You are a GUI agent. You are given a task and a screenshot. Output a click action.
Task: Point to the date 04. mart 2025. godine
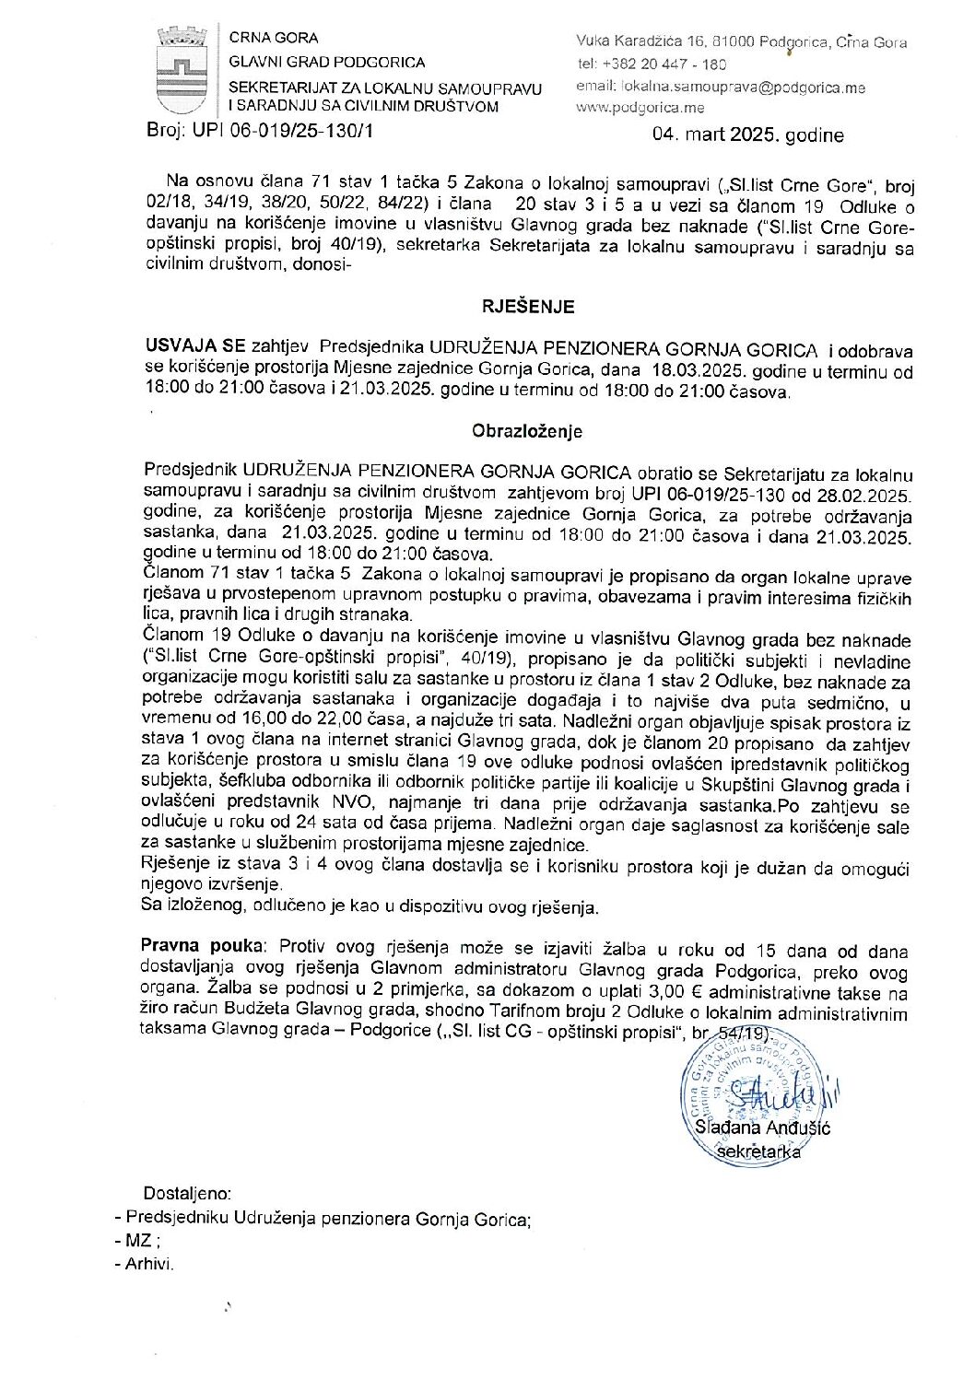point(747,135)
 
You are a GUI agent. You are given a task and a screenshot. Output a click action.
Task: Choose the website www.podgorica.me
point(640,107)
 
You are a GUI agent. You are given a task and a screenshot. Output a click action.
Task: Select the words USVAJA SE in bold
point(194,348)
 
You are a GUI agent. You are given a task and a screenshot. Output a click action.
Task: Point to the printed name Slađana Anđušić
point(763,1128)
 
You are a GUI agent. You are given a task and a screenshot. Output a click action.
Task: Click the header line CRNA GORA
point(274,39)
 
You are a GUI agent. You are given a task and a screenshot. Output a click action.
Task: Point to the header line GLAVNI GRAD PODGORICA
point(327,62)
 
